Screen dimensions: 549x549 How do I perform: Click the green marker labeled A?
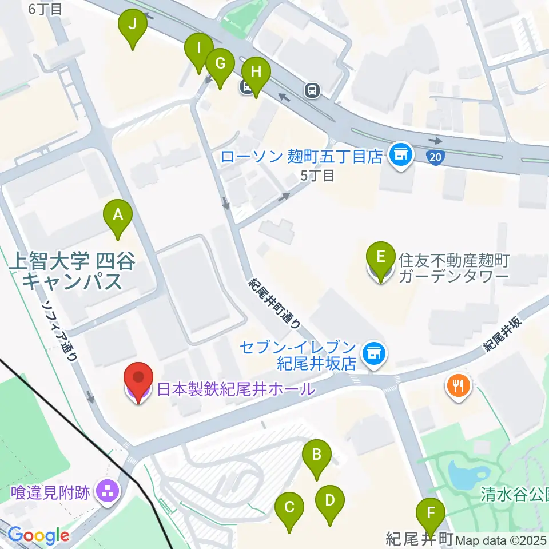click(118, 215)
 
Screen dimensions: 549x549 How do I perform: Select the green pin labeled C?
click(289, 507)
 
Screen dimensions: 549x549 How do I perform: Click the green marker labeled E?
click(380, 256)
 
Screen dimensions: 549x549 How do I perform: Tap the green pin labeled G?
click(220, 63)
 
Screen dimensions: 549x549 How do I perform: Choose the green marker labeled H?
click(256, 73)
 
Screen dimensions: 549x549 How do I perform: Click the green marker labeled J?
click(133, 25)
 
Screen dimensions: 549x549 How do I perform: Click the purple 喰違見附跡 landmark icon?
click(107, 490)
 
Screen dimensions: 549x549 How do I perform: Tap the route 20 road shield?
click(436, 156)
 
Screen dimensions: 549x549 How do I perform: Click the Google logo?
click(38, 536)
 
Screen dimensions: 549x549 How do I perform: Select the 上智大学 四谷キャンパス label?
click(72, 272)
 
